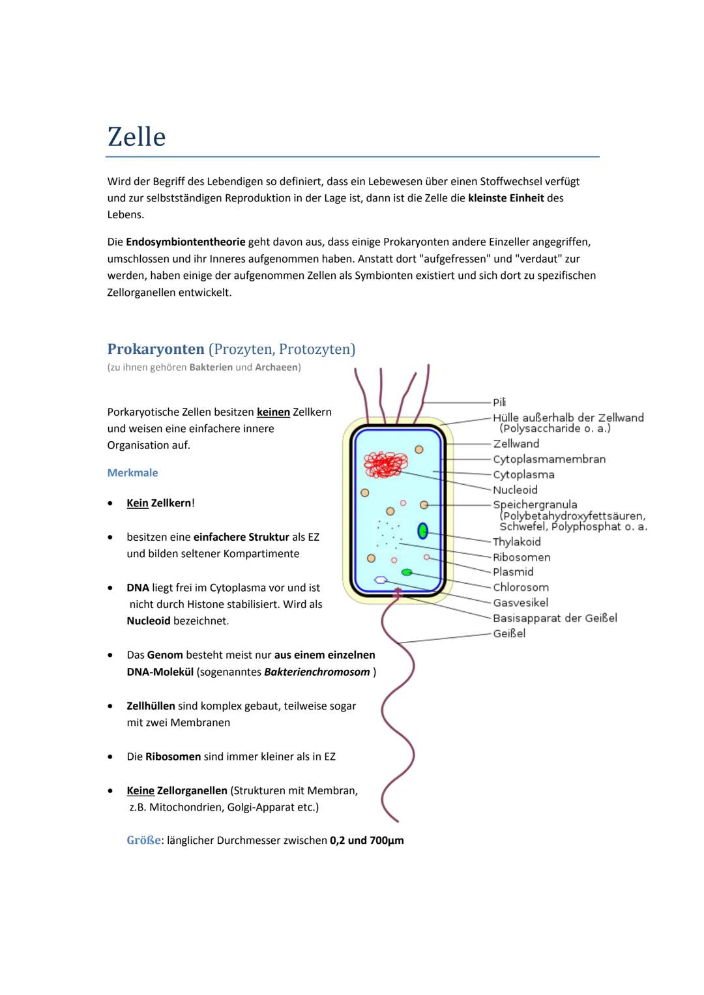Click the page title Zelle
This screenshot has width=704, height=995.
pos(137,137)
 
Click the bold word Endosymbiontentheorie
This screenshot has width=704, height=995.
pos(186,242)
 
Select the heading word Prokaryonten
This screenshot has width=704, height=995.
pos(156,349)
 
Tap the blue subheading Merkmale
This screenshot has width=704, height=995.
pos(132,473)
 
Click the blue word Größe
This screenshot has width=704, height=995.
pos(143,841)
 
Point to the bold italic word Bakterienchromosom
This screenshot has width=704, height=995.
pos(317,672)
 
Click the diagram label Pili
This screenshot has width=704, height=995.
pos(499,402)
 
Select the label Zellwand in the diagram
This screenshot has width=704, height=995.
pos(516,444)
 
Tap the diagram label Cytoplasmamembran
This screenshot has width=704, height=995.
pos(549,459)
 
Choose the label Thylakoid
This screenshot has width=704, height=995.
pos(517,542)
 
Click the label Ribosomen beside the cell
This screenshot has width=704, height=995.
pos(521,557)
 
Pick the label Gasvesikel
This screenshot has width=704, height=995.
pos(520,603)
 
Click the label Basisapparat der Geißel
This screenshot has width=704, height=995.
pos(555,618)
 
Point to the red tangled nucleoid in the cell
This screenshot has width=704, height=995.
pos(386,465)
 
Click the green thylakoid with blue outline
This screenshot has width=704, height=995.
pos(422,531)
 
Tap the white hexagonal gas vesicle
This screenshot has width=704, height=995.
pos(381,579)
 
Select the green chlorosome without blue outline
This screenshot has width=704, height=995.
pos(407,572)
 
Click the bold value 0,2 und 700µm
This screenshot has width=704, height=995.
pos(367,841)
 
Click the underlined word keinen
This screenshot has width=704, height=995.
pos(273,412)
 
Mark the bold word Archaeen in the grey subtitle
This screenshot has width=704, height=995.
pos(276,368)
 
